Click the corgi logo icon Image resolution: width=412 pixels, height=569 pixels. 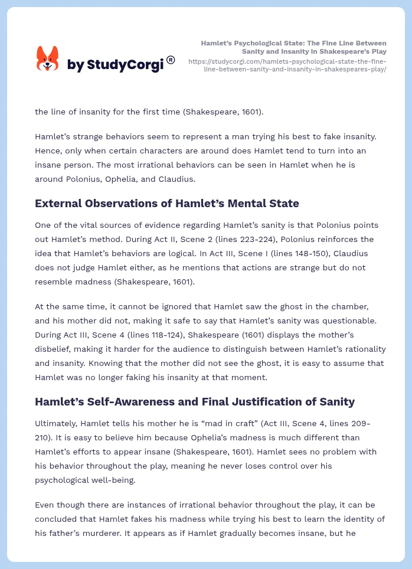point(48,59)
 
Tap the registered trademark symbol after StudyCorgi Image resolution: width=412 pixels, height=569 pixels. point(171,60)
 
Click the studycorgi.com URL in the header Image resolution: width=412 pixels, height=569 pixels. point(287,65)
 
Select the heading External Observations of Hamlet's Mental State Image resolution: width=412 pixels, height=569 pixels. point(167,204)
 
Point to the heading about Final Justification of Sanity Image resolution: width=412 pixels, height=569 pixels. point(195,402)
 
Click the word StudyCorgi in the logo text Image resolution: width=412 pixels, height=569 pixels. point(125,65)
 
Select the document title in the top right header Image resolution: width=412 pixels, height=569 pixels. point(293,47)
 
